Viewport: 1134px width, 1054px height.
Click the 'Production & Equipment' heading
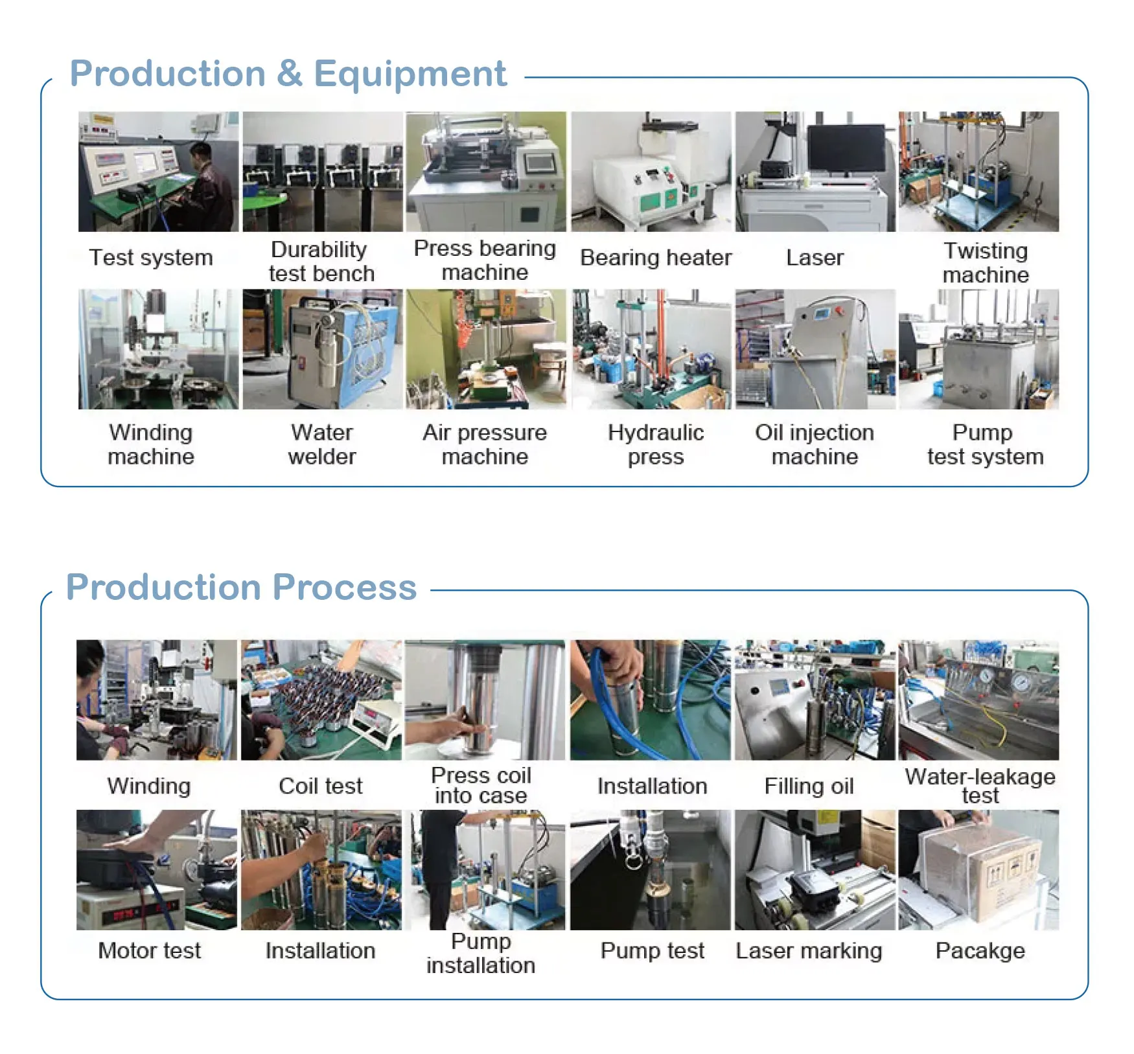click(288, 73)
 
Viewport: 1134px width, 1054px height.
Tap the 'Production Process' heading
click(241, 587)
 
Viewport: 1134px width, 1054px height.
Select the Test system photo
click(158, 172)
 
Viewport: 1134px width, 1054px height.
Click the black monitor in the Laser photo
click(846, 148)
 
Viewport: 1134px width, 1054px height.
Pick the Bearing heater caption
click(656, 258)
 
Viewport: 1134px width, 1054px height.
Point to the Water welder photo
click(322, 349)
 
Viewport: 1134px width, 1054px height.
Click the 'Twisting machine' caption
click(985, 262)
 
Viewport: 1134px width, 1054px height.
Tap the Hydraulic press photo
click(651, 349)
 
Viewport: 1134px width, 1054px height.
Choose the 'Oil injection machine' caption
click(815, 444)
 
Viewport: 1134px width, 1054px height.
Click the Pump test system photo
click(978, 349)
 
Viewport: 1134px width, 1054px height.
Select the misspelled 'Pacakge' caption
click(980, 950)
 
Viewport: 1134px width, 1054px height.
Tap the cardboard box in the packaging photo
click(982, 871)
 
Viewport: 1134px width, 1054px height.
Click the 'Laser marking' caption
click(809, 950)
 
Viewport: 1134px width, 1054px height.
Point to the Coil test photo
click(321, 700)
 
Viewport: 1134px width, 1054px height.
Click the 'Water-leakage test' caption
click(980, 785)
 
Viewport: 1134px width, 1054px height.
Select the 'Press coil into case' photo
click(485, 700)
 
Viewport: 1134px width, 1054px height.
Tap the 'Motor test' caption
click(149, 950)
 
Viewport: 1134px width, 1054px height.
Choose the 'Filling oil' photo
click(815, 700)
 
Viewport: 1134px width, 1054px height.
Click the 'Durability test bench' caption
click(321, 261)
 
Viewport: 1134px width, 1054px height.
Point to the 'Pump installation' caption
click(481, 953)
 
